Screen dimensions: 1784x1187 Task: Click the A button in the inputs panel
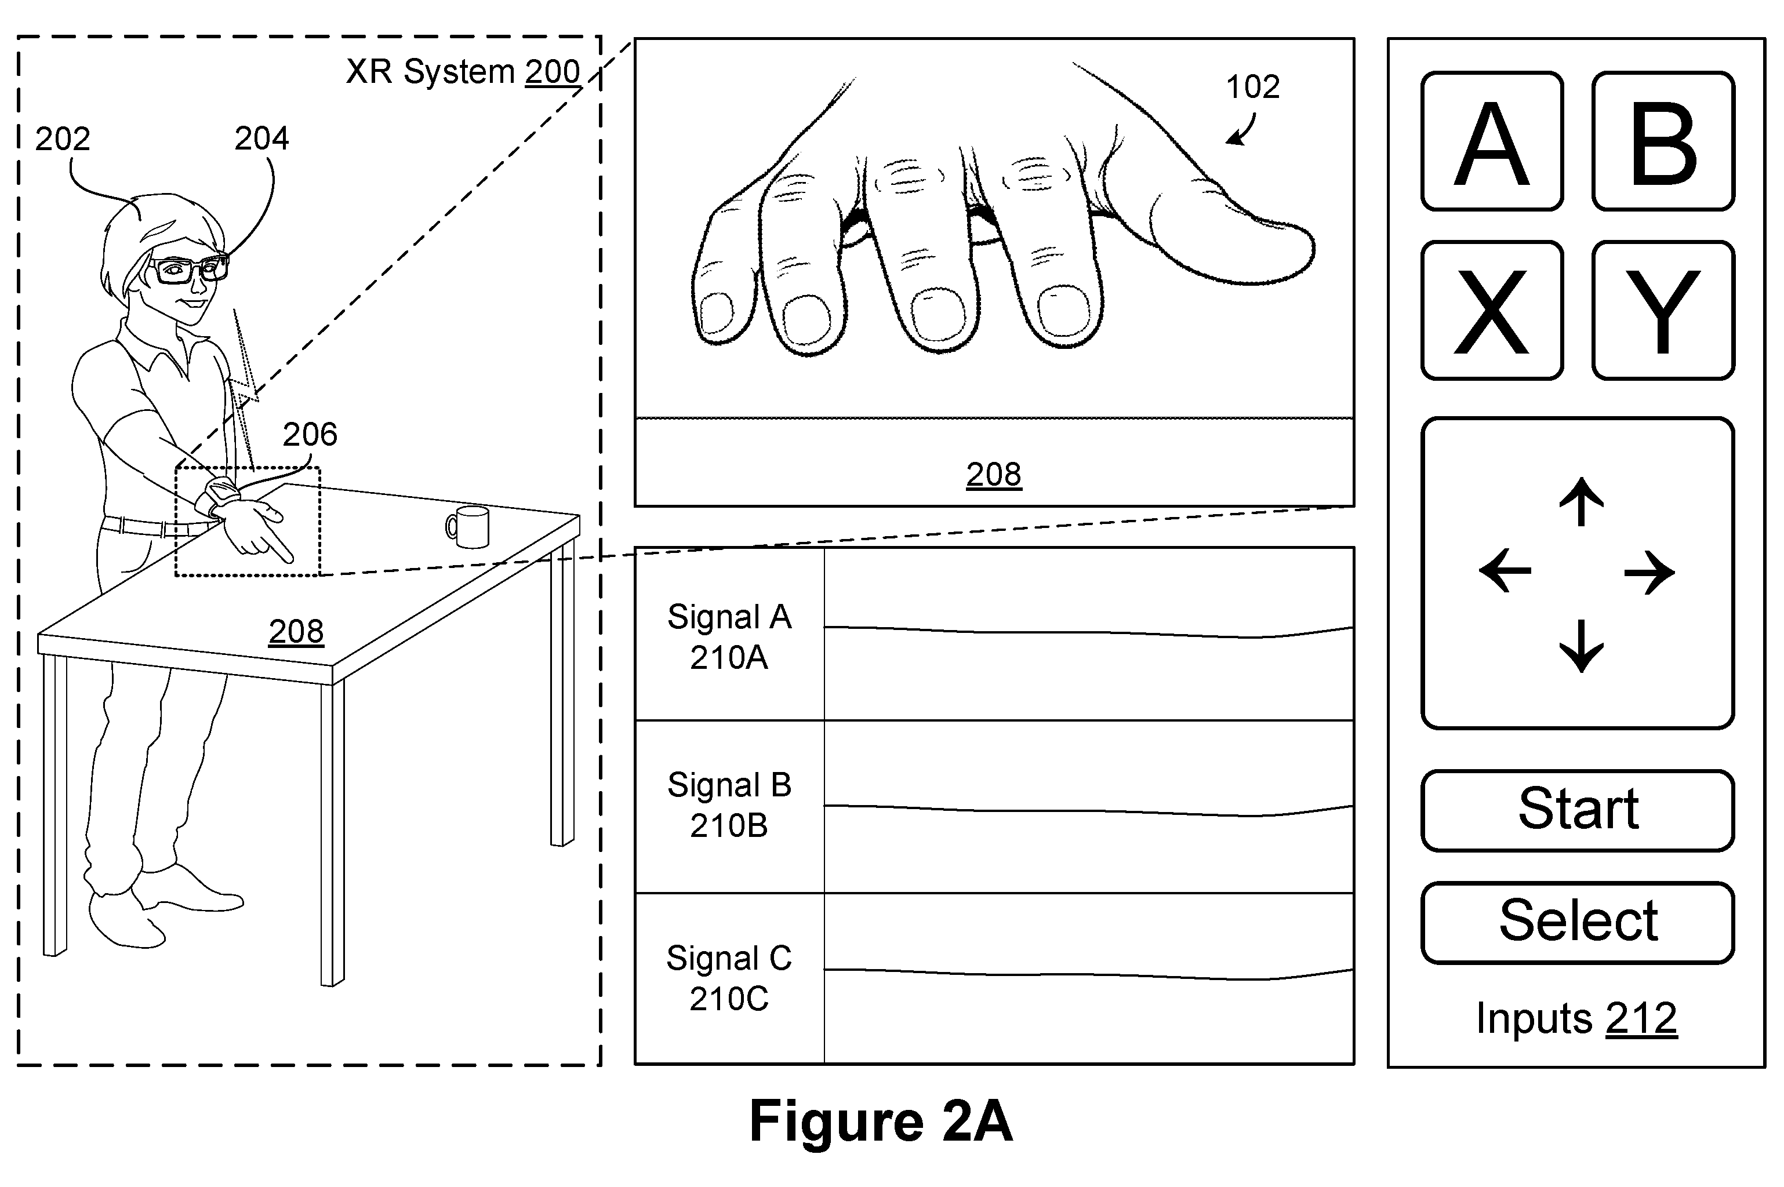[x=1492, y=141]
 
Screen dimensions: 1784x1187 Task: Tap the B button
[x=1663, y=141]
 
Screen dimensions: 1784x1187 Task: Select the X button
[x=1492, y=311]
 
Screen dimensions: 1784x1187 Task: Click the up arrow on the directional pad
[x=1581, y=501]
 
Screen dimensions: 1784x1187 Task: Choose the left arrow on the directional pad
[x=1505, y=571]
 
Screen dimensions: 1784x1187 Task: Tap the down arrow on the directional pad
[x=1581, y=646]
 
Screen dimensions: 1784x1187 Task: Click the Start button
[x=1578, y=811]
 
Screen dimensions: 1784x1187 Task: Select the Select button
[x=1578, y=923]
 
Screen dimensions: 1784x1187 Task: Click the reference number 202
[x=63, y=139]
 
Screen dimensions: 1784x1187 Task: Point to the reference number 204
[x=262, y=138]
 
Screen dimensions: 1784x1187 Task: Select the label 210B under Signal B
[x=728, y=825]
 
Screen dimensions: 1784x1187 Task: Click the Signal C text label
[x=728, y=957]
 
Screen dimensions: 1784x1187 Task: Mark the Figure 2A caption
[x=881, y=1121]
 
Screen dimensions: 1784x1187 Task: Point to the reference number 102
[x=1252, y=86]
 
